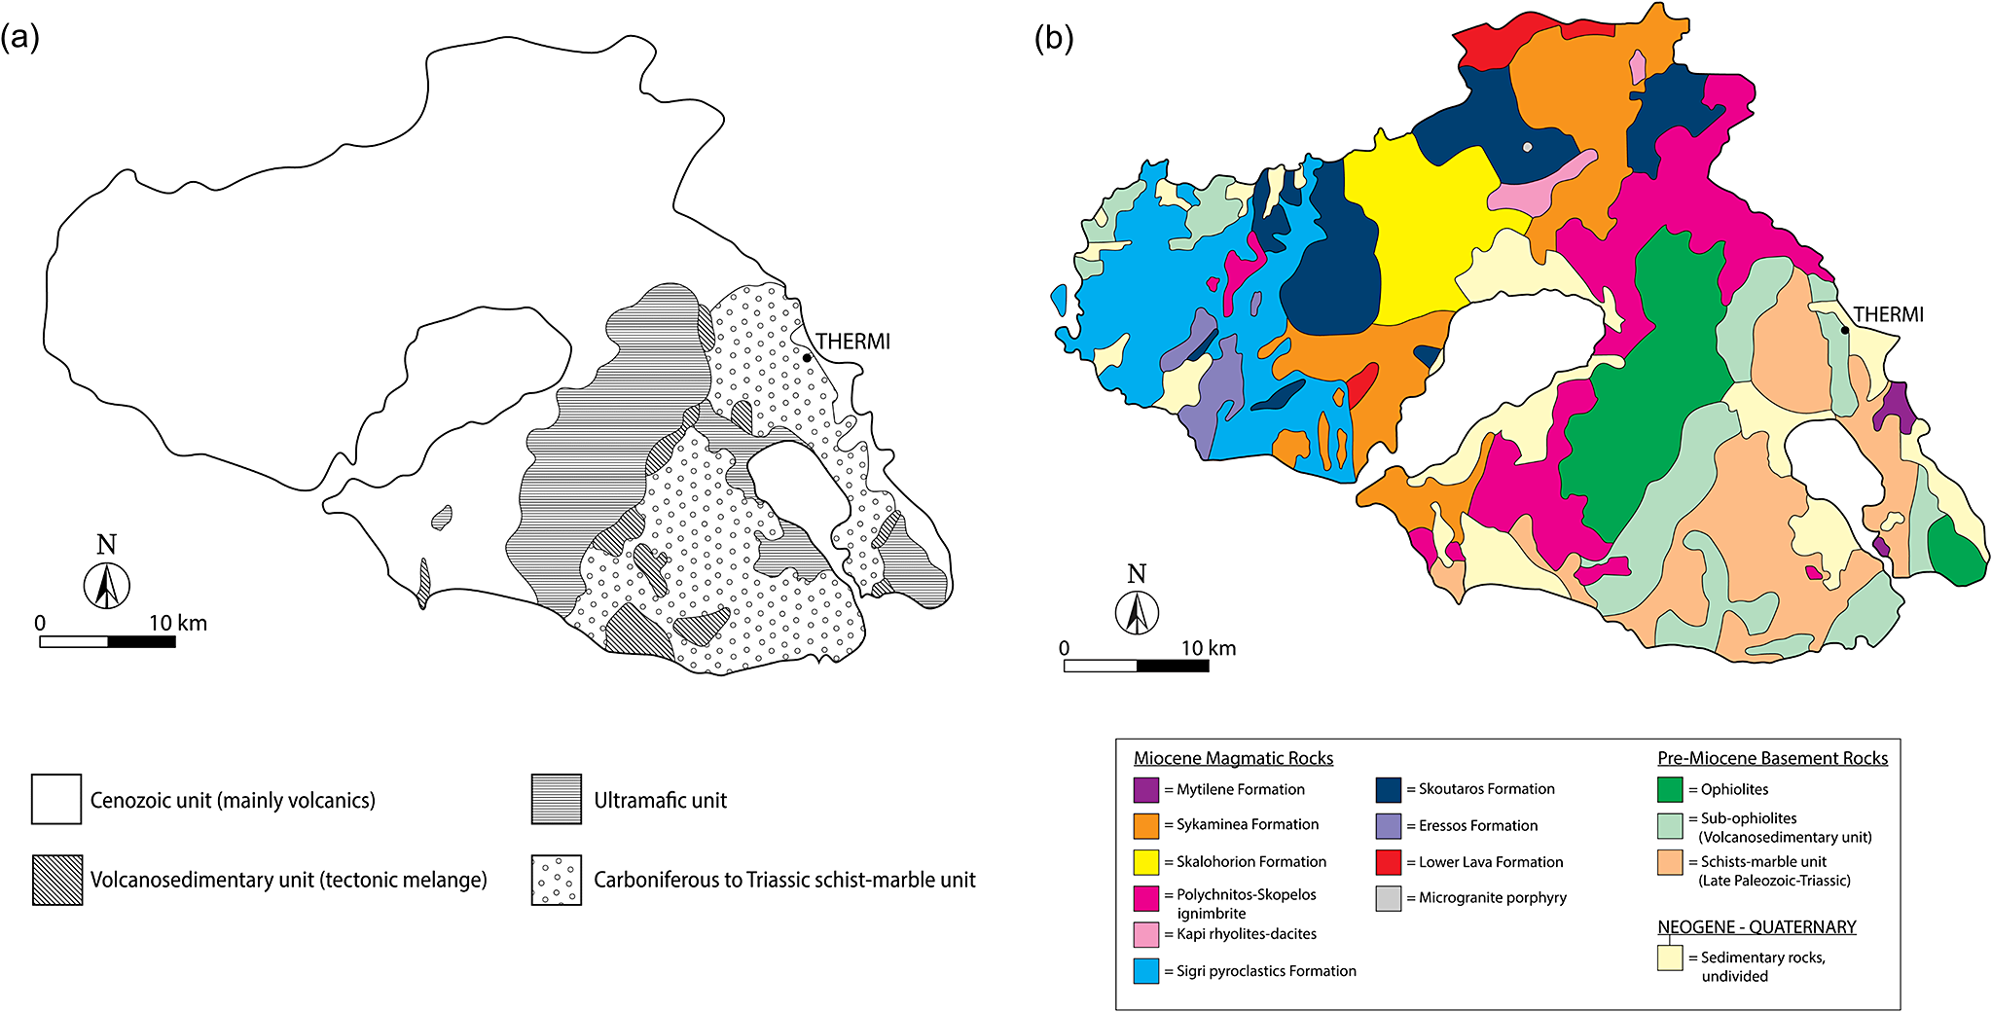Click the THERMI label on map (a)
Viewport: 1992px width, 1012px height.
tap(852, 342)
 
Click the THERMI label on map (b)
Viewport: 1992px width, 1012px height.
tap(1888, 314)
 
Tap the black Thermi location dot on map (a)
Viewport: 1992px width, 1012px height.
tap(807, 358)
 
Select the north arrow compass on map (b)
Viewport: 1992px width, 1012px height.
tap(1136, 612)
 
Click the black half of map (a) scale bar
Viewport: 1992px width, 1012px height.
tap(141, 641)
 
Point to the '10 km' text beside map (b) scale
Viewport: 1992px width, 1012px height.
tap(1208, 648)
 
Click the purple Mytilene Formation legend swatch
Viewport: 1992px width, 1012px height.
tap(1146, 789)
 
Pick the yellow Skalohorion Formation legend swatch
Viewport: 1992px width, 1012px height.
tap(1146, 862)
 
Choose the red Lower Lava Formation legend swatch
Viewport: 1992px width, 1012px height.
tap(1389, 862)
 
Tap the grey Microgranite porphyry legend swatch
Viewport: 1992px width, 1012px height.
tap(1389, 898)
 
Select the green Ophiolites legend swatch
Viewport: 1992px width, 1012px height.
tap(1670, 789)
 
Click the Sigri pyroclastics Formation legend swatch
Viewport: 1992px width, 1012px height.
tap(1146, 971)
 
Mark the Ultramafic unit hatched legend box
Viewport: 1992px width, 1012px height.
tap(557, 800)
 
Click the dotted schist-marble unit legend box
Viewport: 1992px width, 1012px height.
tap(557, 880)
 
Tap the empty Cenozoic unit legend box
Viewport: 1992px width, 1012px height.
tap(56, 800)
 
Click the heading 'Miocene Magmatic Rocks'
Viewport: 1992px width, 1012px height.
tap(1233, 758)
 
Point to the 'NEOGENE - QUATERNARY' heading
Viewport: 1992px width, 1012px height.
tap(1757, 926)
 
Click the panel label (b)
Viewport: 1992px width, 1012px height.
tap(1053, 38)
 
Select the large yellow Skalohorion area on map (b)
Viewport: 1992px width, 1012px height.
tap(1421, 234)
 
